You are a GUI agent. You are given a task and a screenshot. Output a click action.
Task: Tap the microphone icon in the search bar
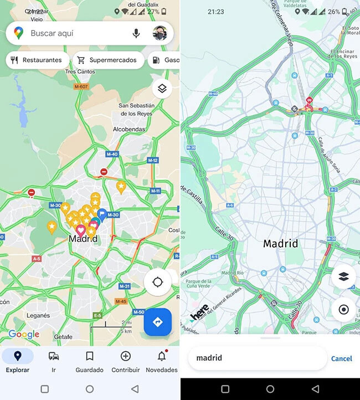tap(136, 33)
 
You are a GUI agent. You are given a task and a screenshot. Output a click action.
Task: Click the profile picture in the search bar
tap(161, 33)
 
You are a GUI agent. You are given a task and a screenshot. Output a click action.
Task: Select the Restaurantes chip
tap(37, 60)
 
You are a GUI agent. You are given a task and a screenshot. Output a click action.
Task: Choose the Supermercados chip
tap(107, 60)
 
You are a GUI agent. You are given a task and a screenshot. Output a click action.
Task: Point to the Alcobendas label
tap(128, 129)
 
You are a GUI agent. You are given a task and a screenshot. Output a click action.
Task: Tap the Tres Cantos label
tap(80, 72)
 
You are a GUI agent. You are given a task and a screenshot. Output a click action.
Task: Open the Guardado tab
tap(89, 361)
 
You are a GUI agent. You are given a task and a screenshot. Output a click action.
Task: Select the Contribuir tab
tap(126, 361)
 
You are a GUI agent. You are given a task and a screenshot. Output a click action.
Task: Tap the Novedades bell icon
tap(161, 356)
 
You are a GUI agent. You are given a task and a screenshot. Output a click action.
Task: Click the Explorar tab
tap(18, 361)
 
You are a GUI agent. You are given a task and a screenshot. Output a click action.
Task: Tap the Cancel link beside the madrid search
tap(341, 358)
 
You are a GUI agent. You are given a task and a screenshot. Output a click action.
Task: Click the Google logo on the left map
tap(24, 334)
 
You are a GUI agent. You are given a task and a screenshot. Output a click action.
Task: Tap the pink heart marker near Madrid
tap(81, 229)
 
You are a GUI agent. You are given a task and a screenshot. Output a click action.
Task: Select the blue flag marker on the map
tap(102, 214)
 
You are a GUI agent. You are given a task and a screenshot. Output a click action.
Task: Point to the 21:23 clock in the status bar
tap(216, 11)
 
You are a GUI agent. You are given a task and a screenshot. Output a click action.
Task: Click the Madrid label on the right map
tap(280, 243)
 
